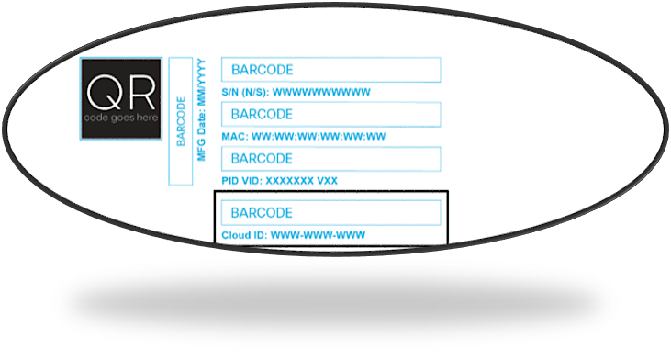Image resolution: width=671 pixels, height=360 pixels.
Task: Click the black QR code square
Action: (x=120, y=98)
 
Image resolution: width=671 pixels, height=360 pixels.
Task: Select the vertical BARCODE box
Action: (x=181, y=120)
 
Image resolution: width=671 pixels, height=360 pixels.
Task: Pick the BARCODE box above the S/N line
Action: (x=330, y=70)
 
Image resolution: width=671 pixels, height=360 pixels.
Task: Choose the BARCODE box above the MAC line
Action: (x=330, y=115)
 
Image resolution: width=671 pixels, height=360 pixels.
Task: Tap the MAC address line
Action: (x=304, y=137)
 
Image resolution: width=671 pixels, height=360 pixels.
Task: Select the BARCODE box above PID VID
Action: (x=330, y=159)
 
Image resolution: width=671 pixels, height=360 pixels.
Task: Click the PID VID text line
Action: (x=280, y=181)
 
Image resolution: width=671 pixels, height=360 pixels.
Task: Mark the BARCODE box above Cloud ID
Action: (x=330, y=213)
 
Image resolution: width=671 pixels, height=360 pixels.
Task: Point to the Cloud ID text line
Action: (x=294, y=235)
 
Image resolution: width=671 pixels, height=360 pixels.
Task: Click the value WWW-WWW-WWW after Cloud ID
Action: (x=318, y=235)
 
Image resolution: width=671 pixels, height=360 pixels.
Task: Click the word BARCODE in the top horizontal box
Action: (x=262, y=70)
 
